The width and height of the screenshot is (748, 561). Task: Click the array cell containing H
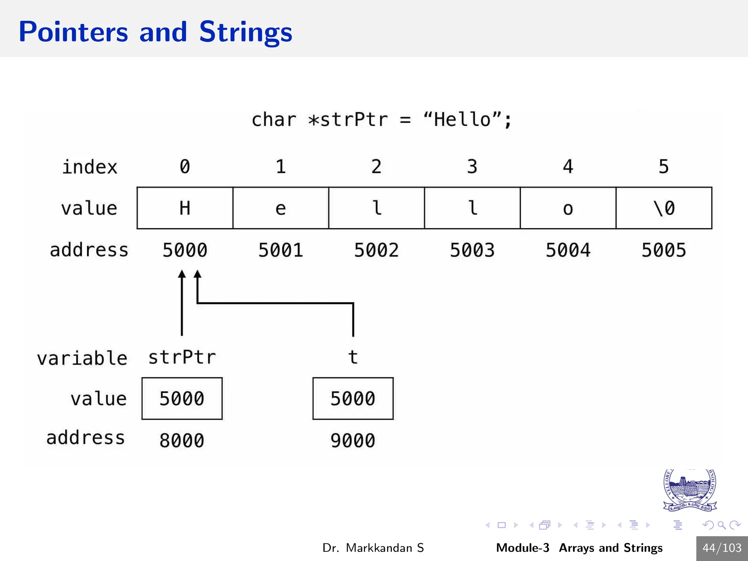(185, 208)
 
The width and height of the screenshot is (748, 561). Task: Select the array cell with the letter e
(280, 208)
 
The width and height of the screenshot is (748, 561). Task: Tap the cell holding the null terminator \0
(664, 208)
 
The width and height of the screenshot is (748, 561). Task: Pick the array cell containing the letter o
(568, 208)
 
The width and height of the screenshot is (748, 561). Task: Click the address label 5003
(472, 251)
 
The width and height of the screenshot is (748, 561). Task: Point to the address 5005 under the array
(664, 251)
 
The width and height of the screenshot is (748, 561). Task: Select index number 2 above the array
(376, 167)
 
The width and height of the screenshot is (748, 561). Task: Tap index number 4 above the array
(568, 167)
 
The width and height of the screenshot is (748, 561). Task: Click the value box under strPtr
(182, 398)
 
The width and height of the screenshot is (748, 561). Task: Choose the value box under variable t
(353, 398)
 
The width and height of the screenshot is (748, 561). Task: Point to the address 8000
(182, 440)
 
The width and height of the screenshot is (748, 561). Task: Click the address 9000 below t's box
(353, 440)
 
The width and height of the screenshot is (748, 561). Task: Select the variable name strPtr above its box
(182, 357)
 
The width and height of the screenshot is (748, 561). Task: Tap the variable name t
(353, 357)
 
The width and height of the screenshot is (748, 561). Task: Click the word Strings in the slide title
(245, 32)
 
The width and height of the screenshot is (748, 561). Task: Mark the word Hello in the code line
(462, 119)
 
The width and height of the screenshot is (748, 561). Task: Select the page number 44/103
(722, 548)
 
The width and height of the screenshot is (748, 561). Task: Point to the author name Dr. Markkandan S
(373, 548)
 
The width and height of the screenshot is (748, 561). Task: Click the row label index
(90, 167)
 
